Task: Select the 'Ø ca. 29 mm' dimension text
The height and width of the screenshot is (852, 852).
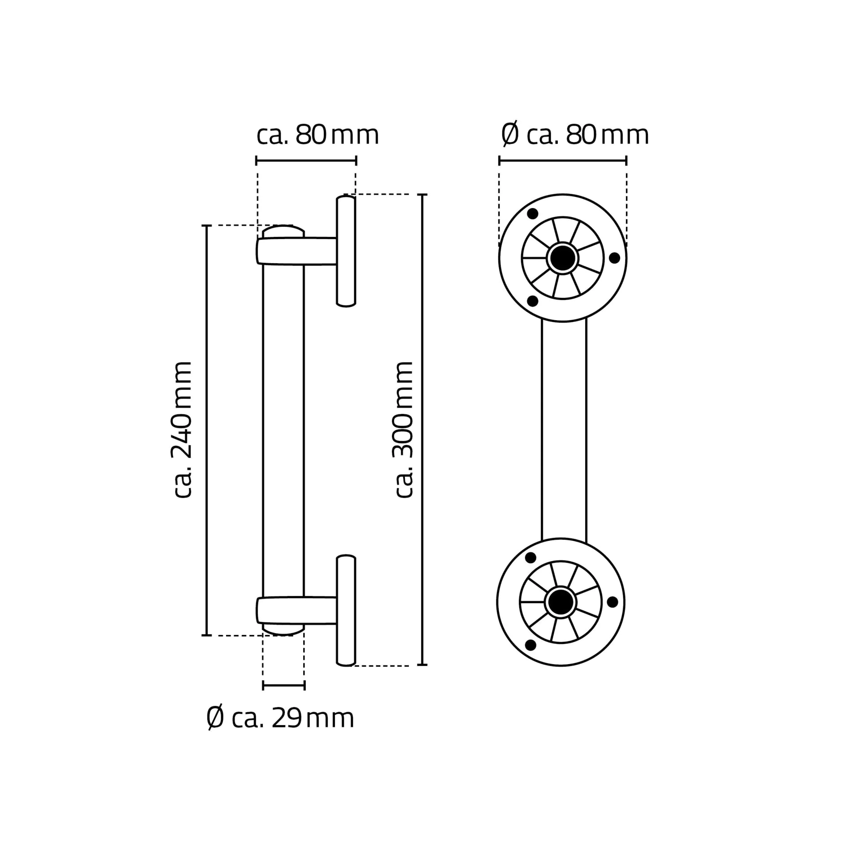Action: pyautogui.click(x=280, y=718)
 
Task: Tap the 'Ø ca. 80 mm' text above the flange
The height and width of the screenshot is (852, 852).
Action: pyautogui.click(x=575, y=135)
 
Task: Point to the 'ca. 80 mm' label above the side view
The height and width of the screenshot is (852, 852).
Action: pyautogui.click(x=317, y=135)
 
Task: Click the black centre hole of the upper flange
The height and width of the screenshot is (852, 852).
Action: pyautogui.click(x=563, y=258)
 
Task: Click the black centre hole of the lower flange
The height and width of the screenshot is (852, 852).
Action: pyautogui.click(x=561, y=602)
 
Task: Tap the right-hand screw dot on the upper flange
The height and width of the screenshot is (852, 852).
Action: pyautogui.click(x=614, y=258)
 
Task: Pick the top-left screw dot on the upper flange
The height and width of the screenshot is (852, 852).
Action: pyautogui.click(x=532, y=214)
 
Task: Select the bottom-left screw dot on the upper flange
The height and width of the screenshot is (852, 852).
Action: pyautogui.click(x=532, y=301)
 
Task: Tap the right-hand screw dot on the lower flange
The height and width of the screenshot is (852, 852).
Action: pyautogui.click(x=612, y=602)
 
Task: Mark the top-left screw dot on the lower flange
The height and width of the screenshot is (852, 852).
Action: pyautogui.click(x=530, y=558)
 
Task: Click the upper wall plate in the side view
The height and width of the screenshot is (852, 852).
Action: pyautogui.click(x=346, y=251)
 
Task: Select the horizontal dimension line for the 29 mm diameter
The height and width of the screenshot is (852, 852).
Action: pyautogui.click(x=283, y=685)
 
